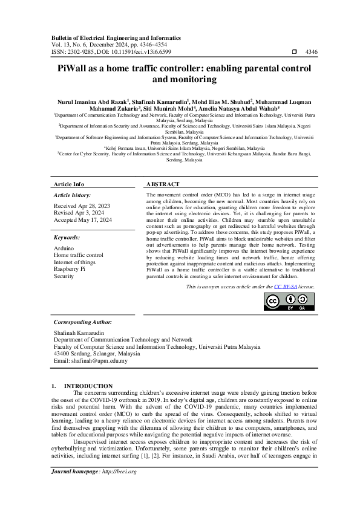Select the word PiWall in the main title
tap(75, 69)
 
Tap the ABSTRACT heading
tap(163, 184)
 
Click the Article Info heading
tap(69, 184)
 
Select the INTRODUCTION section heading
tap(88, 386)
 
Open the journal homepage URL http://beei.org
tap(119, 488)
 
